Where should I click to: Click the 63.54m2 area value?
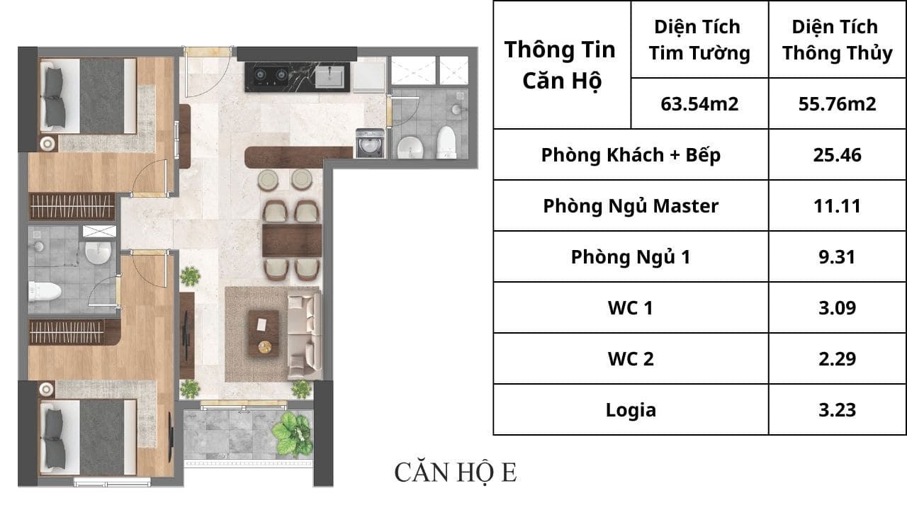pos(699,104)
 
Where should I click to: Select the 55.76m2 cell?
pos(837,104)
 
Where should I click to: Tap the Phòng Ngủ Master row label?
pos(631,205)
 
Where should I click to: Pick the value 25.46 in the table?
pos(837,155)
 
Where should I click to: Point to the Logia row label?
pos(631,409)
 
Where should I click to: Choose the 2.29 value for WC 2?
pos(837,358)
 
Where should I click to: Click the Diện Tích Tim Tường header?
pos(699,40)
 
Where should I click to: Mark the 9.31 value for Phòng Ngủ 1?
pos(837,256)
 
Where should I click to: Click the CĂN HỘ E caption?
pos(456,472)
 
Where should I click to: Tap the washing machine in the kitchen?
pos(370,143)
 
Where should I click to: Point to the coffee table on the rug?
pos(264,334)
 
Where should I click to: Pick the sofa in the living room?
pos(305,336)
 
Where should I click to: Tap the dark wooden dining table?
pos(292,241)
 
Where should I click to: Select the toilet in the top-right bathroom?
pos(446,142)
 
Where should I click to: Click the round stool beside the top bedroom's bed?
pos(47,143)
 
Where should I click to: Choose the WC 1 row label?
pos(631,307)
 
